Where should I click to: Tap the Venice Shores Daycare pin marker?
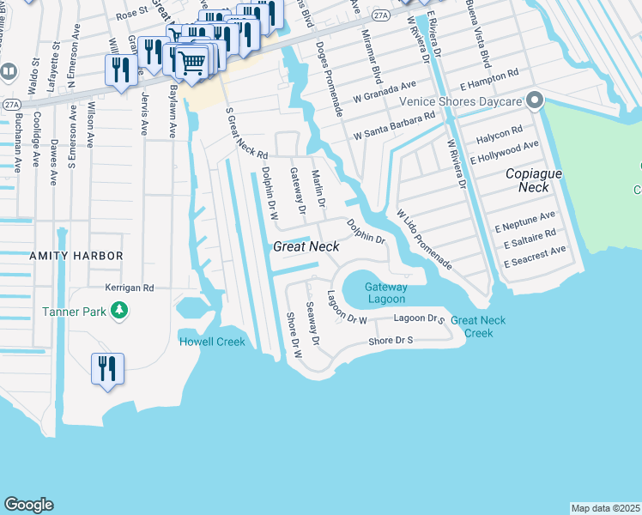(x=535, y=102)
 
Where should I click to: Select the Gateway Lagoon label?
(x=385, y=293)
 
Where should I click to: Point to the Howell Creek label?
(x=212, y=342)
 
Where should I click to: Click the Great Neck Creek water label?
(x=478, y=326)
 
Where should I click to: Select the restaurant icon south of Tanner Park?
(x=107, y=369)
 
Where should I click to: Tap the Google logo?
(x=28, y=505)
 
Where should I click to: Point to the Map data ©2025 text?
(x=605, y=508)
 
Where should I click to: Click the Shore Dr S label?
(x=391, y=341)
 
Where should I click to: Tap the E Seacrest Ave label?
(x=535, y=255)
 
